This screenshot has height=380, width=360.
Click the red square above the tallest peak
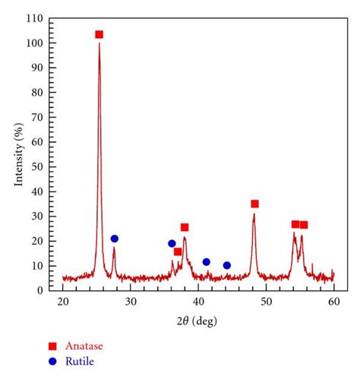coord(99,34)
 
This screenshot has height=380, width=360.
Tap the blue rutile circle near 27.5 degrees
coord(115,239)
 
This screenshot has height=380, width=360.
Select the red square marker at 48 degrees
coord(254,204)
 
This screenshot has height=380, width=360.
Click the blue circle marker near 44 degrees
coord(227,265)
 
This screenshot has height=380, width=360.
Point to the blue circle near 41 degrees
coord(206,261)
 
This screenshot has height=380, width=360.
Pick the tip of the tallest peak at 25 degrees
coord(99,43)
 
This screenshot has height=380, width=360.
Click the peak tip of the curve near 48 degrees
coord(254,214)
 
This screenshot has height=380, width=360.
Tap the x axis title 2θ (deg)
coord(198,321)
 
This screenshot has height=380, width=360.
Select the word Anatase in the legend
coord(84,346)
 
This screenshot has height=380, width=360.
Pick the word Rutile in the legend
coord(80,362)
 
